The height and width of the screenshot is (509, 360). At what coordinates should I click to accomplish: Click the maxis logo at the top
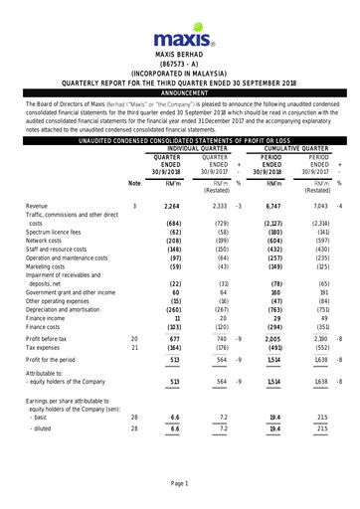[179, 40]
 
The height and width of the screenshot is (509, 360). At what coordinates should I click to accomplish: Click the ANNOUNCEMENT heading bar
[179, 92]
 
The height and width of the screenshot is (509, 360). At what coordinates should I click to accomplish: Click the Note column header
[134, 183]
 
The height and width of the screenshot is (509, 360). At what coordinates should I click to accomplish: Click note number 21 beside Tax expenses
[134, 346]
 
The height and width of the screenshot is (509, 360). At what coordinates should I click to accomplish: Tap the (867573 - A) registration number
[179, 63]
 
